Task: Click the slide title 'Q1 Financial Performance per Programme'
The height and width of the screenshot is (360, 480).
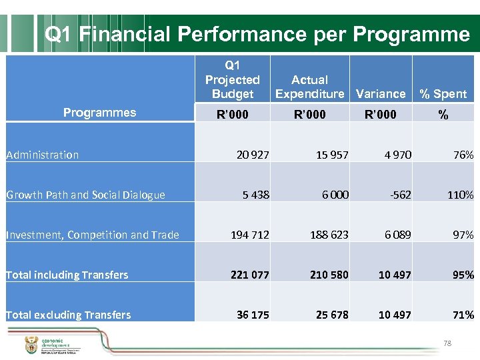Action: coord(257,35)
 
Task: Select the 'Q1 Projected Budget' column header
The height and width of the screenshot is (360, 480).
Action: coord(232,79)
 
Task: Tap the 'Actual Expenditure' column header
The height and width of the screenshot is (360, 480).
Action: coord(309,87)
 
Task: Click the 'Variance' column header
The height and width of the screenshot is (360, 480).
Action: coord(381,94)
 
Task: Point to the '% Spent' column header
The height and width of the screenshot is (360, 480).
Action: coord(443,94)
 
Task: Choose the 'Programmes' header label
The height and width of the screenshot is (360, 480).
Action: coord(99,113)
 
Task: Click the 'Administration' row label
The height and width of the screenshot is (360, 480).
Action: coord(42,155)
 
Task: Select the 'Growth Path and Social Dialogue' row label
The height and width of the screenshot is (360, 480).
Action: coord(85,195)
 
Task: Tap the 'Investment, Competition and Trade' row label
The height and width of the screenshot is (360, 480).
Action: coord(92,235)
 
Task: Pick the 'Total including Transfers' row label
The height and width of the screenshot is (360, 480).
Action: coord(67,275)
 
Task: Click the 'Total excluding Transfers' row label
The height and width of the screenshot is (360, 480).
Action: coord(68,315)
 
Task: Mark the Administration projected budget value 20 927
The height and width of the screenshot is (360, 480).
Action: coord(253,155)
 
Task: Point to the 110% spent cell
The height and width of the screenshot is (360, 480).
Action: coord(461,195)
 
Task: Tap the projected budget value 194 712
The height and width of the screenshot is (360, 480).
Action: coord(250,235)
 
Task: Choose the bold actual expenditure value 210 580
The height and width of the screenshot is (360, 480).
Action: coord(329,275)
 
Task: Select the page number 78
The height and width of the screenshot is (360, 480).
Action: coord(447,343)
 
